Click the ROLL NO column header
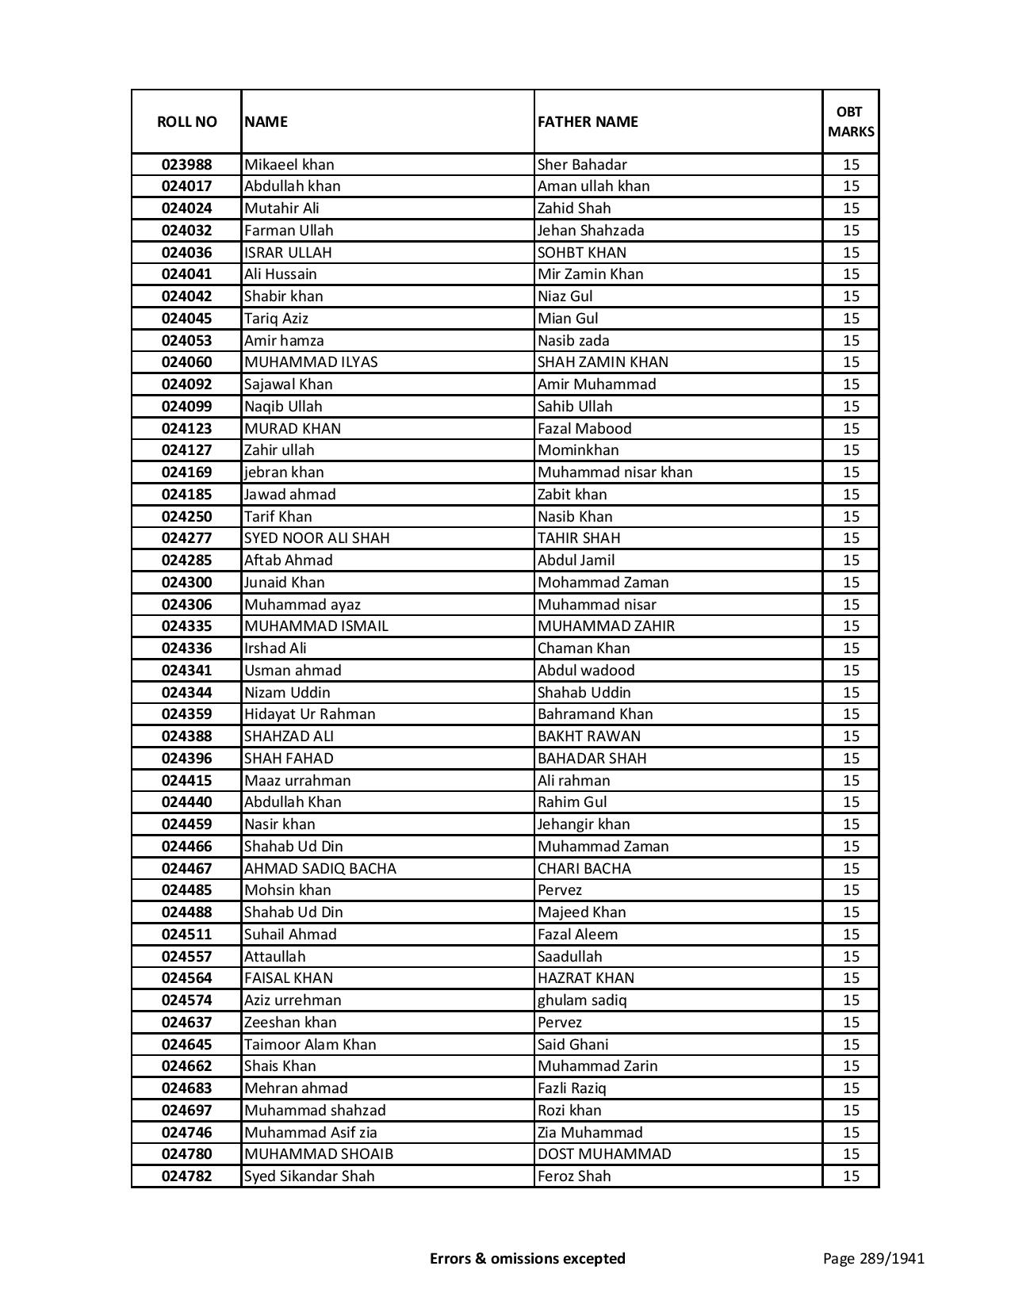coord(186,121)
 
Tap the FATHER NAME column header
coord(588,121)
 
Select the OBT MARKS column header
coord(851,121)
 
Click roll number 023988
coord(186,165)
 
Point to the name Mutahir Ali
coord(281,208)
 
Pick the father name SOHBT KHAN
coord(582,253)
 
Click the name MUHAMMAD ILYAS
coord(311,362)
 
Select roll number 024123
coord(186,429)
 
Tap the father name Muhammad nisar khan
coord(615,472)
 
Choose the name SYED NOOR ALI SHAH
coord(317,538)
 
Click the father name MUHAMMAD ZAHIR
coord(607,626)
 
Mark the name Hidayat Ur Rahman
coord(310,714)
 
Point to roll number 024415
coord(186,781)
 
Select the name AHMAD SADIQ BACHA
coord(320,869)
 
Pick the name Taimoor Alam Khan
coord(310,1045)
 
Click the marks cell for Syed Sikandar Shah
coord(851,1176)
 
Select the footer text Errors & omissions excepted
coord(527,1258)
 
